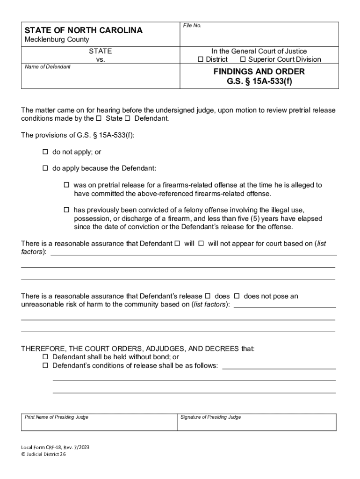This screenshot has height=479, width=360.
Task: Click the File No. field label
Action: point(192,25)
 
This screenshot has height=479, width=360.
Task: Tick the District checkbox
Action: point(201,59)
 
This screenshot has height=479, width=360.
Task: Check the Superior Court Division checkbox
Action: point(243,59)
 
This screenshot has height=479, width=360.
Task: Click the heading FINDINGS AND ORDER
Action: point(259,72)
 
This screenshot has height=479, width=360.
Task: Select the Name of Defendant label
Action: point(47,67)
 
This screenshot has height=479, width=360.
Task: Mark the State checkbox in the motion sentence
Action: point(99,118)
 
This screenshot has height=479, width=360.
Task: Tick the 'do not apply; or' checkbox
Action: point(46,152)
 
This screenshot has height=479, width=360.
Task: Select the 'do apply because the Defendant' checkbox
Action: point(46,168)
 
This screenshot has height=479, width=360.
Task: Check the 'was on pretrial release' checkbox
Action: point(66,185)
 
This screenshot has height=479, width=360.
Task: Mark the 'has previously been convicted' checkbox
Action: point(66,210)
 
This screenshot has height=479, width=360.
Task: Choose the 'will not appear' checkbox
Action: point(201,244)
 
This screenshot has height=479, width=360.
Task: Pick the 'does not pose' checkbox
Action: point(237,296)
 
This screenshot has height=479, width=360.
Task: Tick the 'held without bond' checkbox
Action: point(46,357)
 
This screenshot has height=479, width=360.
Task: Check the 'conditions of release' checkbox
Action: point(46,365)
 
